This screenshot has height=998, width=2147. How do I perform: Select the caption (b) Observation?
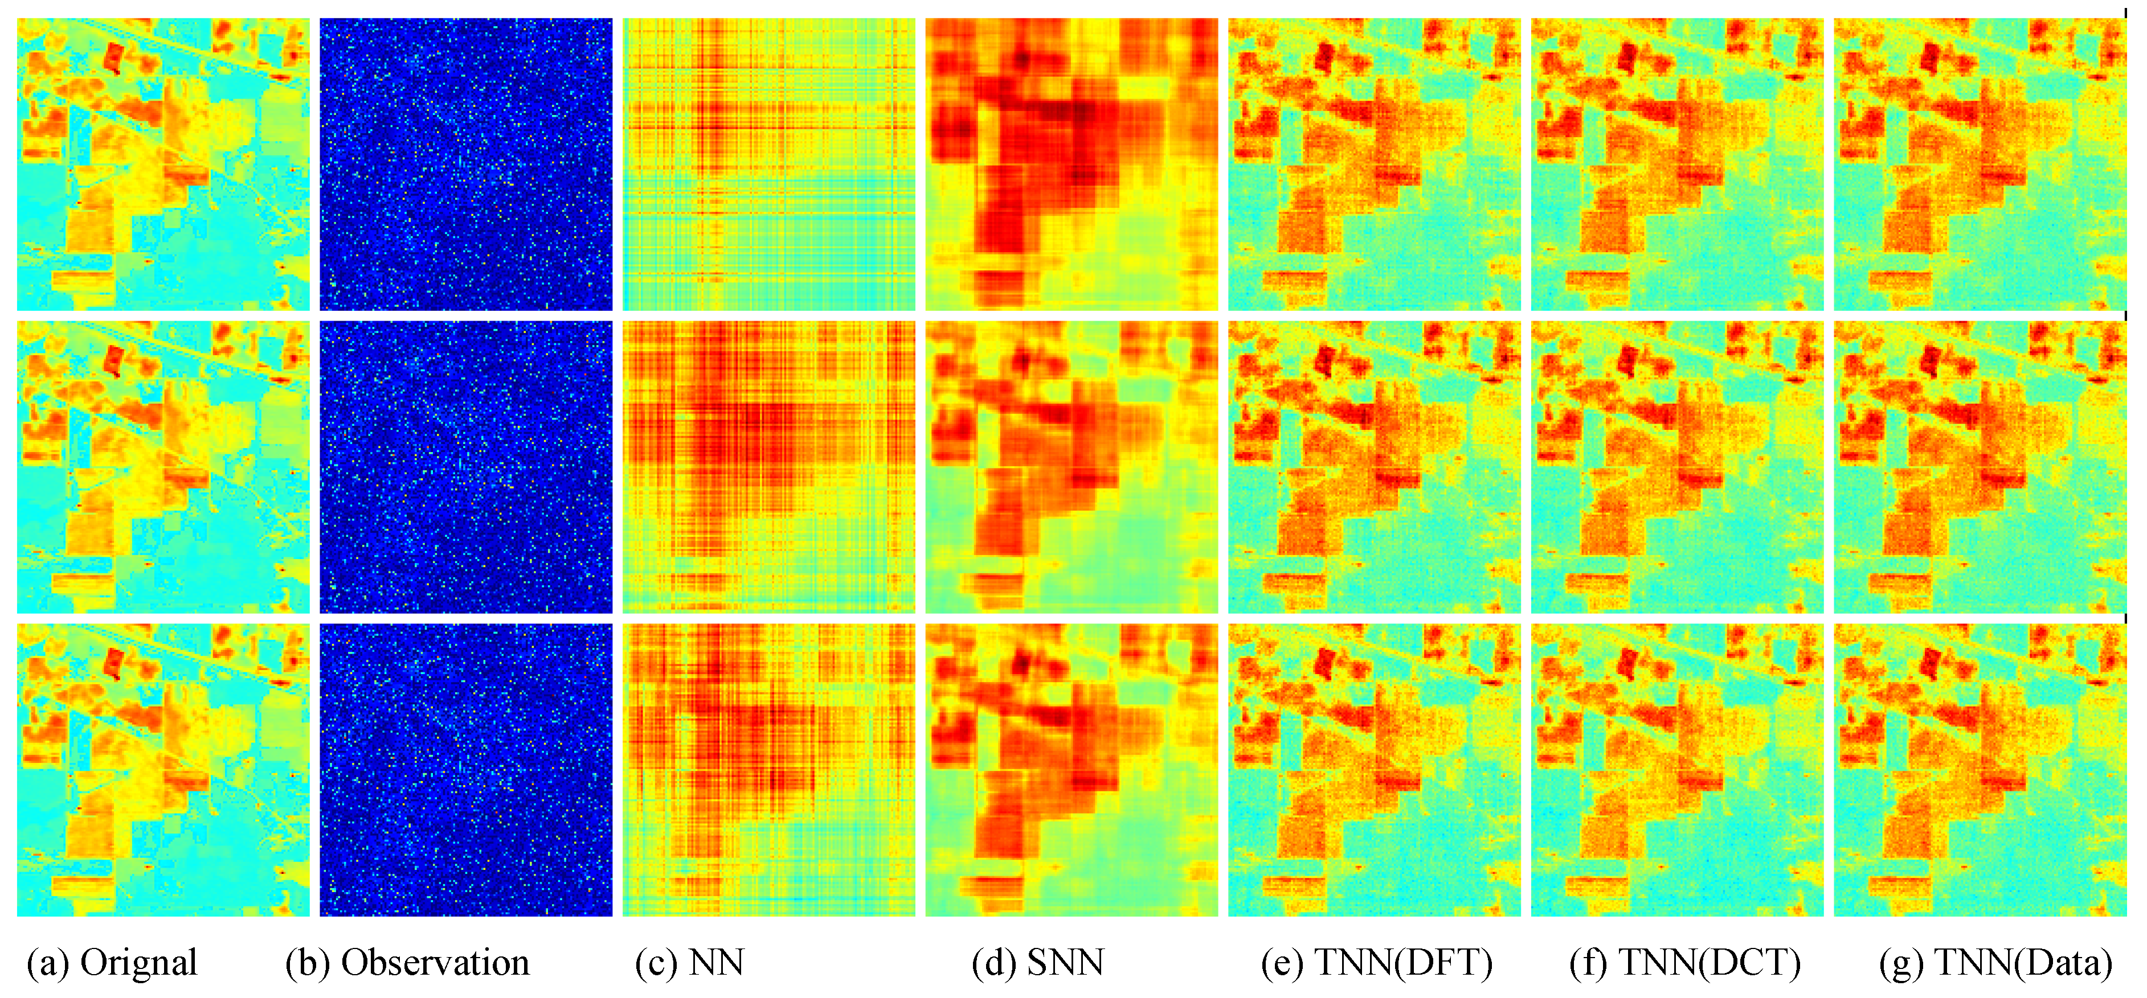(x=407, y=963)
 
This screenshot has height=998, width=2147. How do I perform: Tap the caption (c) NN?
(x=689, y=963)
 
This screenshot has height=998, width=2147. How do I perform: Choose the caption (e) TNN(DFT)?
(x=1376, y=963)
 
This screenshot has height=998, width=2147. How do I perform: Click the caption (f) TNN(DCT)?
(x=1684, y=963)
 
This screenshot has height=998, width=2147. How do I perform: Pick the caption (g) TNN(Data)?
(x=1995, y=963)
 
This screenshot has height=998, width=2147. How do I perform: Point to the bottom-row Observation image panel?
(x=466, y=769)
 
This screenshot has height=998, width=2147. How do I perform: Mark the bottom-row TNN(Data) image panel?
(x=1980, y=769)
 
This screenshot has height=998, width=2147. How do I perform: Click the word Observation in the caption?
(x=435, y=963)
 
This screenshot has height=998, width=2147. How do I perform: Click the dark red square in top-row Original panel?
(x=113, y=57)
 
